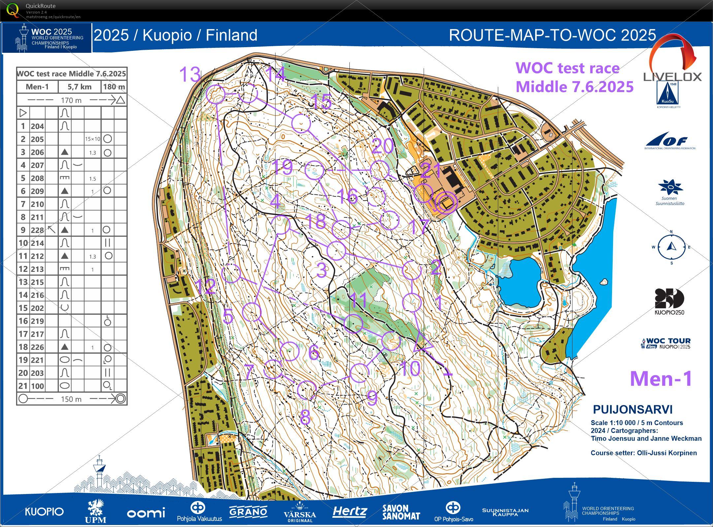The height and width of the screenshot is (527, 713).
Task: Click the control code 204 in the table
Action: pyautogui.click(x=37, y=126)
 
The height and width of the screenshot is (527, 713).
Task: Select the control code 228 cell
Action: pyautogui.click(x=37, y=230)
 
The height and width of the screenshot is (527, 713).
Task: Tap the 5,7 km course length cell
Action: pyautogui.click(x=80, y=87)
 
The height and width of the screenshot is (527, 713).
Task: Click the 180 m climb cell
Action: pyautogui.click(x=114, y=87)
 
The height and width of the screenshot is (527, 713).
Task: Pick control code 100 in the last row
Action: pyautogui.click(x=37, y=386)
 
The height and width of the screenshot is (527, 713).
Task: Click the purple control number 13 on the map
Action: pyautogui.click(x=190, y=74)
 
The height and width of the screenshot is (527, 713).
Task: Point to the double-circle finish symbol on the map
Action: pyautogui.click(x=446, y=202)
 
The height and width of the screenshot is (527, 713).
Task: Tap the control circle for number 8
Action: pyautogui.click(x=307, y=390)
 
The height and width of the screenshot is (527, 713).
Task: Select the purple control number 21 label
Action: pyautogui.click(x=431, y=170)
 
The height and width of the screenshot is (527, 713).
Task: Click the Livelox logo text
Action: pyautogui.click(x=672, y=77)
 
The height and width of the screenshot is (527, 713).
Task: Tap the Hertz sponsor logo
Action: pyautogui.click(x=349, y=511)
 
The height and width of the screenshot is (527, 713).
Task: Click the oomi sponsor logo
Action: pyautogui.click(x=146, y=513)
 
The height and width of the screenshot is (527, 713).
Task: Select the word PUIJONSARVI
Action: pyautogui.click(x=632, y=410)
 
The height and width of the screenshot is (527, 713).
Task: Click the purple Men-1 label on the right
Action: pyautogui.click(x=661, y=379)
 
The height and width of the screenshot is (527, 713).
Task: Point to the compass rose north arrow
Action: pyautogui.click(x=671, y=246)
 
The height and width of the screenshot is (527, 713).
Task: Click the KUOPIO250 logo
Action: pyautogui.click(x=669, y=301)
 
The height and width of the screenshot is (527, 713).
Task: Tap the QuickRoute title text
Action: pyautogui.click(x=40, y=6)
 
